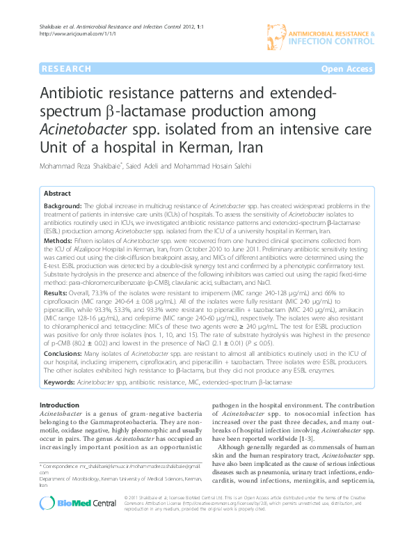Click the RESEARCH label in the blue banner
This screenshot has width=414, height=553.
[66, 69]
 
